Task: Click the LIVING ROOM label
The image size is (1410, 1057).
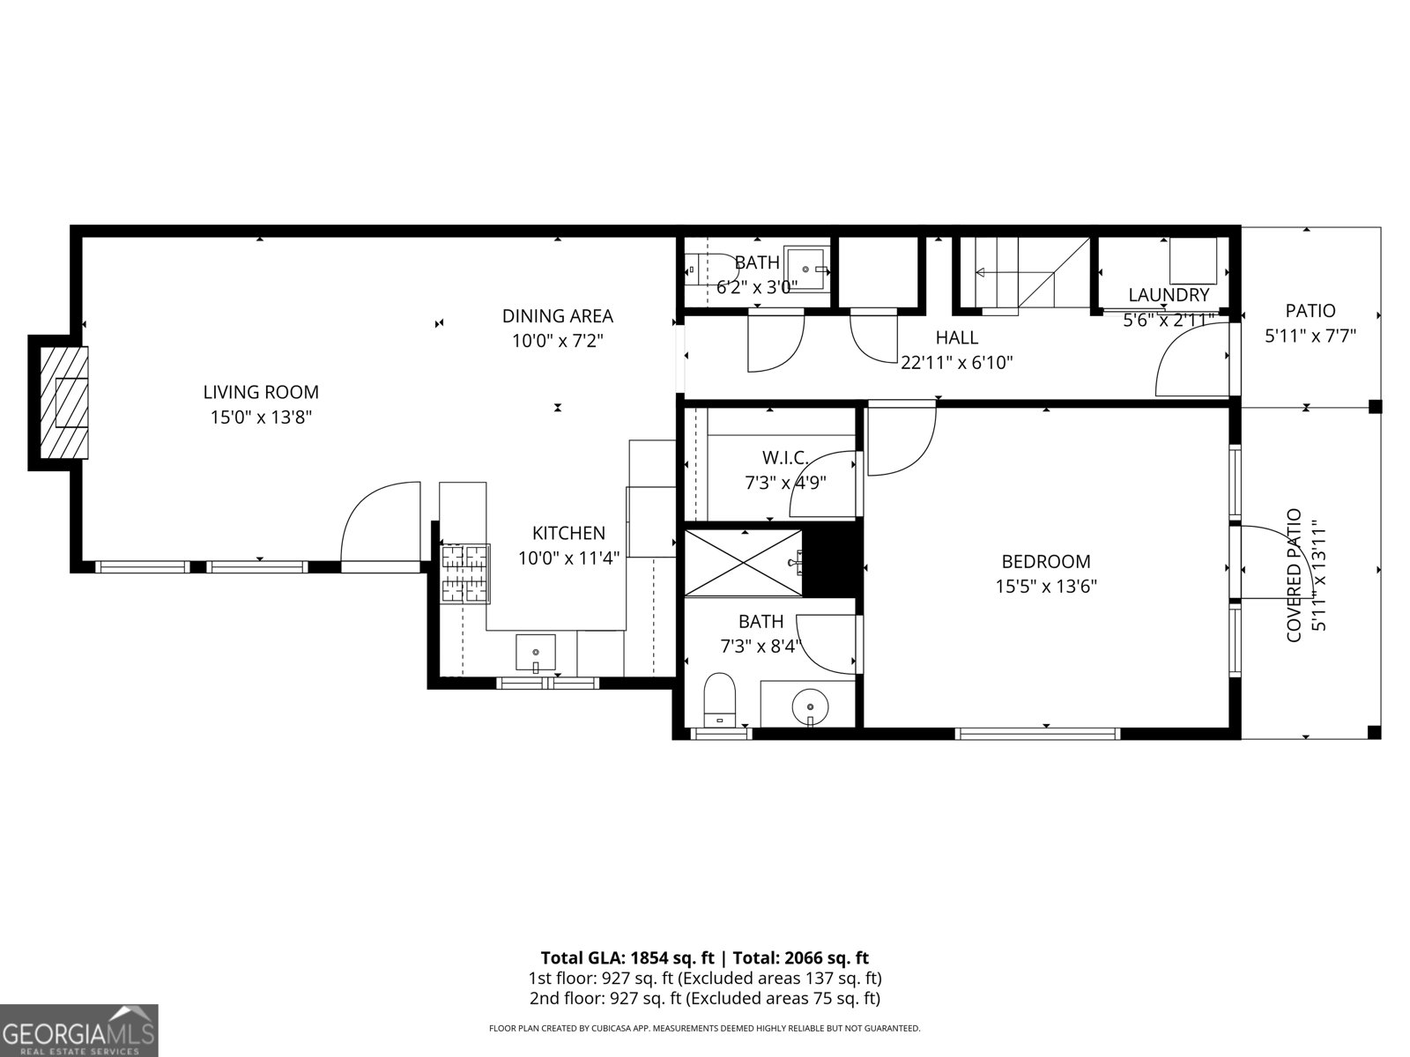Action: pyautogui.click(x=261, y=393)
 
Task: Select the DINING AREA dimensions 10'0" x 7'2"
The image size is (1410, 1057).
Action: pyautogui.click(x=557, y=340)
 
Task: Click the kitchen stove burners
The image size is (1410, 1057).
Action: pyautogui.click(x=464, y=574)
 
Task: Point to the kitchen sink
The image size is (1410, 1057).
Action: pyautogui.click(x=535, y=652)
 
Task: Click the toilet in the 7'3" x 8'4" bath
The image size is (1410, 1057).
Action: pyautogui.click(x=720, y=699)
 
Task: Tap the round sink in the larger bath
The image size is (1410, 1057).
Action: pyautogui.click(x=809, y=706)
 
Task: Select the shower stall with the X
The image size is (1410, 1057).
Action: pyautogui.click(x=743, y=562)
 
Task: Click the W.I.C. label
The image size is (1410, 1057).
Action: pyautogui.click(x=785, y=458)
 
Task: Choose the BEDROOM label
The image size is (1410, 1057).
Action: pyautogui.click(x=1045, y=562)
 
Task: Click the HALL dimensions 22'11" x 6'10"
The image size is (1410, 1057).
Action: pyautogui.click(x=957, y=361)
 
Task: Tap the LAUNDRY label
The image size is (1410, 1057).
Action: pyautogui.click(x=1169, y=296)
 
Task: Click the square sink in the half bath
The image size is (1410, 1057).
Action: pyautogui.click(x=806, y=264)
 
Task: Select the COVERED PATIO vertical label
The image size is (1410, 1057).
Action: pyautogui.click(x=1294, y=575)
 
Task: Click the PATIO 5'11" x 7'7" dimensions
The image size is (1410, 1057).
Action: pyautogui.click(x=1310, y=336)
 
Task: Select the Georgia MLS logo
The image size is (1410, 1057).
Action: pyautogui.click(x=78, y=1031)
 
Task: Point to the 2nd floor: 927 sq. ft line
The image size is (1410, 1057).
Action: pyautogui.click(x=704, y=999)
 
